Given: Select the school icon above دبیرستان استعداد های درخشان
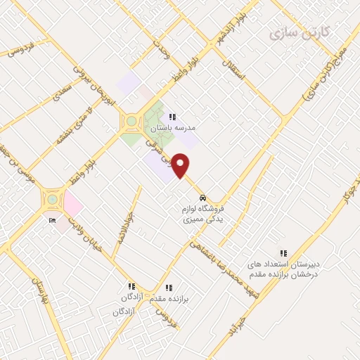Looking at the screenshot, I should pos(284,253).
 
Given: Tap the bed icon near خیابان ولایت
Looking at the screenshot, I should pos(53,221).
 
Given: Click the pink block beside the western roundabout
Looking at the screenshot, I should pos(73,205).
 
